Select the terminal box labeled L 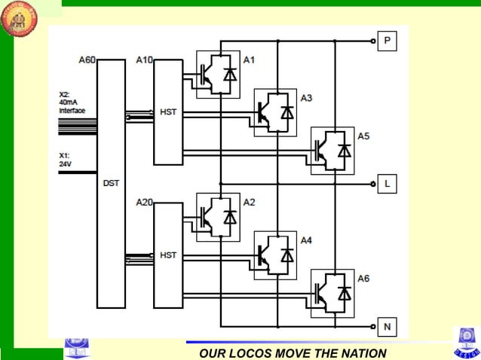[387, 183]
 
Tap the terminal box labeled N [387, 327]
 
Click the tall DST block [111, 184]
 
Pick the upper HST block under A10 [168, 112]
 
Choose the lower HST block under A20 [168, 256]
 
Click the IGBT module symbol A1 [218, 73]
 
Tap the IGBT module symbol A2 [218, 217]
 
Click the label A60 [87, 59]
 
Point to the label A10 [144, 59]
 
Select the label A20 [144, 202]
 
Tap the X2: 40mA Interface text [72, 102]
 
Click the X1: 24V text [66, 160]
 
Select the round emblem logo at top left [21, 20]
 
